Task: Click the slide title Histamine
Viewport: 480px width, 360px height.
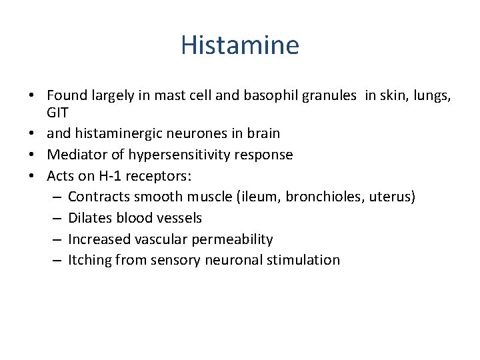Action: coord(240,45)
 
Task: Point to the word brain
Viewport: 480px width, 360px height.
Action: coord(263,133)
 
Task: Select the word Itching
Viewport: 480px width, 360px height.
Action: coord(90,260)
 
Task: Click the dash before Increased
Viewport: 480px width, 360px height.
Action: coord(56,239)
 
